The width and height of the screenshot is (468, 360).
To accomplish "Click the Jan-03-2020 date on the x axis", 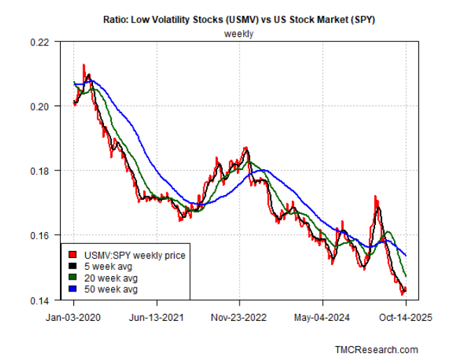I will point(73,316).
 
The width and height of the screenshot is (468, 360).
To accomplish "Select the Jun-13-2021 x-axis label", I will point(156,316).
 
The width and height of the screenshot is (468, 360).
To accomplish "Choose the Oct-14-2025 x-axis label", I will point(406,316).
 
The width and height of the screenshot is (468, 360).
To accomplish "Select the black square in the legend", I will point(71,266).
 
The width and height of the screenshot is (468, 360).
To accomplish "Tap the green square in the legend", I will point(71,278).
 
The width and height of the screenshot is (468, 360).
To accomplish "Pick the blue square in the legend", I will point(71,289).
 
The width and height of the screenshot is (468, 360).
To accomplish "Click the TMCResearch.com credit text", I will point(377,349).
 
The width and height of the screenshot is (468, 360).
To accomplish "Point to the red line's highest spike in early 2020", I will point(84,65).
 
